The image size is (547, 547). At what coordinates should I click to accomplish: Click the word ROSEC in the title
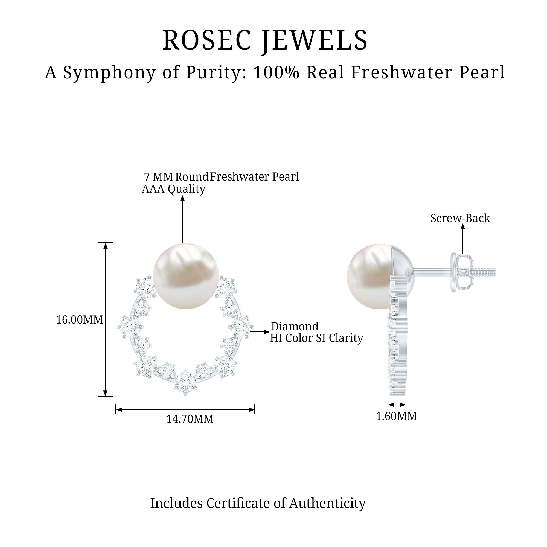[x=207, y=40]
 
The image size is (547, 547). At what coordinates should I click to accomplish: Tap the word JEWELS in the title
[x=315, y=40]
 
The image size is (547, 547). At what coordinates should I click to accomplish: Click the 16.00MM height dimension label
[x=79, y=320]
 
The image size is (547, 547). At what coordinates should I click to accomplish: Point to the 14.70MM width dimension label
[x=190, y=419]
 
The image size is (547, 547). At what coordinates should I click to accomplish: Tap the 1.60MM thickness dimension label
[x=396, y=417]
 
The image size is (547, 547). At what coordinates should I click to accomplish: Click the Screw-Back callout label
[x=460, y=218]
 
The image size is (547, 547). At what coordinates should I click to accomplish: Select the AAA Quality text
[x=174, y=189]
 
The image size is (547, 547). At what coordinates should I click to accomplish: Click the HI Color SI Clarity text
[x=316, y=338]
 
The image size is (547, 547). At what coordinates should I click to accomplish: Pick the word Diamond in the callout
[x=295, y=327]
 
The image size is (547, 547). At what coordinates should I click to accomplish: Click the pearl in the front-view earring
[x=186, y=276]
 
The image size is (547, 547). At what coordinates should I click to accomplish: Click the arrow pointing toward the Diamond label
[x=259, y=332]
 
